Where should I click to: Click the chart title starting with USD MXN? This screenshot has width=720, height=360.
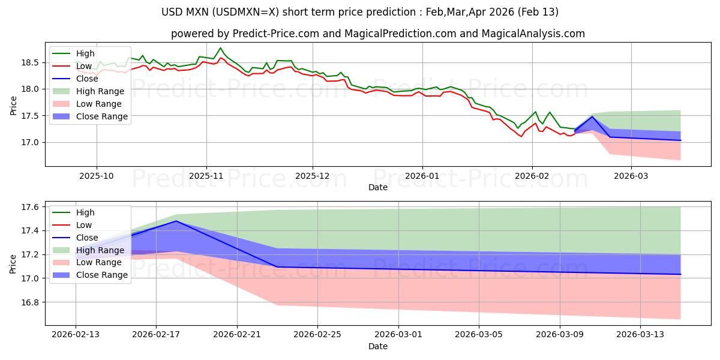click(360, 12)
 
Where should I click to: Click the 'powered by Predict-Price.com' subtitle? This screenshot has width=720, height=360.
click(377, 34)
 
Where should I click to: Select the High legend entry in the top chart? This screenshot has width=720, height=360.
click(84, 53)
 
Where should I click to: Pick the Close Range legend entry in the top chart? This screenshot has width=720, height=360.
click(102, 116)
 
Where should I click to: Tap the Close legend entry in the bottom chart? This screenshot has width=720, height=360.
click(88, 238)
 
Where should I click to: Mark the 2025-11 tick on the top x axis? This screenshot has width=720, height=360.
click(206, 175)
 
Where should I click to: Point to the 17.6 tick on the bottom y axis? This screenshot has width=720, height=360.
click(32, 207)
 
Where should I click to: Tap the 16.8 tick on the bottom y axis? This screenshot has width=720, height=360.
click(32, 302)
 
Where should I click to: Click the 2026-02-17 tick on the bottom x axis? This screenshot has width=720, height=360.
click(156, 335)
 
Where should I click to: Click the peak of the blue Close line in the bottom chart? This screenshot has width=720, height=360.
click(176, 221)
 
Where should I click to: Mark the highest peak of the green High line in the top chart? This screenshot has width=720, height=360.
click(220, 48)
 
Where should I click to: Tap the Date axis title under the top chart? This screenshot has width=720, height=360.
click(377, 187)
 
